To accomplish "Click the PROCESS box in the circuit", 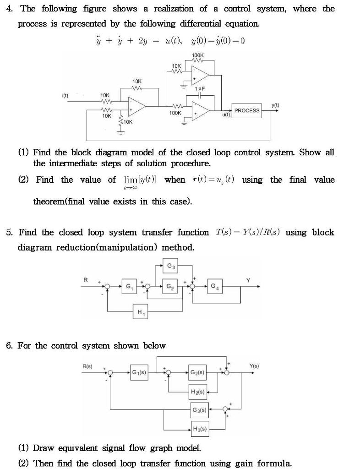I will pyautogui.click(x=247, y=110).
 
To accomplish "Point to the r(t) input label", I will pyautogui.click(x=65, y=95).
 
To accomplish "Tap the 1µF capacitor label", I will pyautogui.click(x=199, y=88).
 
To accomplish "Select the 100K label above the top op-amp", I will pyautogui.click(x=198, y=56).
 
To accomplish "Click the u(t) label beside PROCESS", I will pyautogui.click(x=226, y=115).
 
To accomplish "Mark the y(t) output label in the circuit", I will pyautogui.click(x=275, y=105).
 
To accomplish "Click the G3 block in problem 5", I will pyautogui.click(x=170, y=266).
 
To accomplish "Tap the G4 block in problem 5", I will pyautogui.click(x=214, y=287).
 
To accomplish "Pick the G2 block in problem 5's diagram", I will pyautogui.click(x=170, y=287).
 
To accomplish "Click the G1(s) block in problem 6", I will pyautogui.click(x=139, y=372).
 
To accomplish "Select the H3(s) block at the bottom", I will pyautogui.click(x=200, y=429).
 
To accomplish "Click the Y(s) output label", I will pyautogui.click(x=254, y=366).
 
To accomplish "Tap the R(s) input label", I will pyautogui.click(x=87, y=366).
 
